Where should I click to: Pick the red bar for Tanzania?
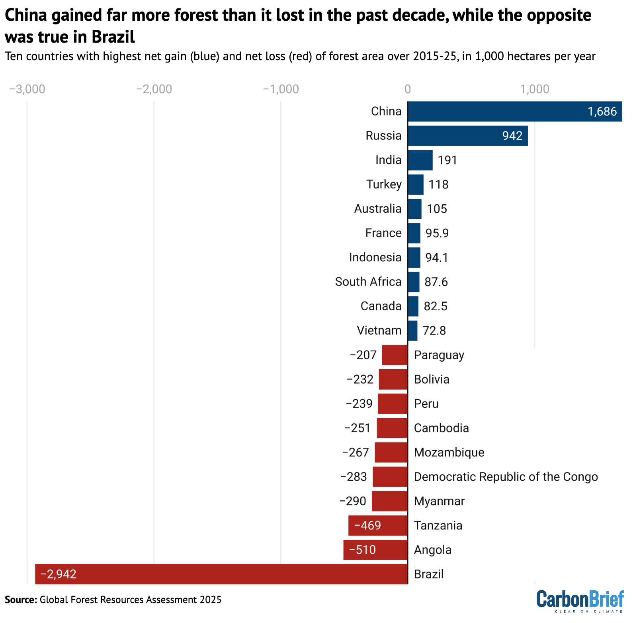(x=378, y=525)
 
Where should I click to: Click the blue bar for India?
(x=420, y=160)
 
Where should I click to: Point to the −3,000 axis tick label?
(x=27, y=89)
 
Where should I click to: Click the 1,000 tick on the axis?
(x=535, y=89)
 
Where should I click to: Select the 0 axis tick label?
(x=408, y=89)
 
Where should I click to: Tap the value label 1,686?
(x=602, y=112)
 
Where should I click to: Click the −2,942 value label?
(x=59, y=574)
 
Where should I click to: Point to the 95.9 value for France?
(x=437, y=233)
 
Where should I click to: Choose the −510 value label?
(x=362, y=550)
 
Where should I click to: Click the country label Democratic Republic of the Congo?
(x=506, y=477)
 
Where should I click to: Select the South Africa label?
(x=368, y=282)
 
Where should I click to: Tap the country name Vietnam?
(x=379, y=330)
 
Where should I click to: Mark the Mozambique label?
(x=449, y=453)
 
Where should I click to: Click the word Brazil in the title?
(x=113, y=37)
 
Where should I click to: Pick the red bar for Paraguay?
(x=395, y=355)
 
